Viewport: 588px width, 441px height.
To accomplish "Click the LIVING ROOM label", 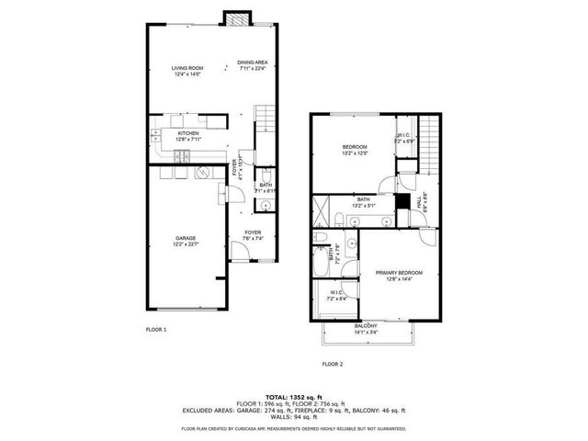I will [187, 68].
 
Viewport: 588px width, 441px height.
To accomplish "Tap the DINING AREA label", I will [252, 62].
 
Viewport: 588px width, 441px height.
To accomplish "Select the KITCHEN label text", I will [188, 133].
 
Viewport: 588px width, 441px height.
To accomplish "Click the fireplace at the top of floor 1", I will [237, 17].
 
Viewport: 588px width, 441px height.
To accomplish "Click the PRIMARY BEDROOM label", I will [399, 273].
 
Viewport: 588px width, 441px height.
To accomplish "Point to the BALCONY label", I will [365, 325].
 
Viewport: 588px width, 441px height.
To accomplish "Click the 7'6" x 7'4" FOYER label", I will [253, 232].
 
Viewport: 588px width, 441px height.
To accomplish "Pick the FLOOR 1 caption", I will [156, 329].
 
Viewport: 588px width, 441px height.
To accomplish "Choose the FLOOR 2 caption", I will [332, 364].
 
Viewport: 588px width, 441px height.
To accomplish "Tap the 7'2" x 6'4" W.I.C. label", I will [336, 295].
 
